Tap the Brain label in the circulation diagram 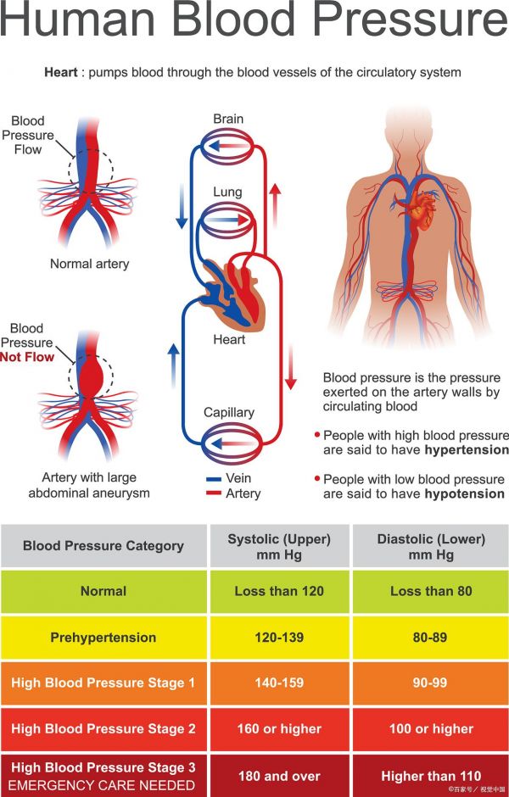(x=229, y=119)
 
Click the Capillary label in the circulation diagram (x=229, y=413)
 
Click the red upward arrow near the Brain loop (x=275, y=202)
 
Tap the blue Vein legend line (x=213, y=479)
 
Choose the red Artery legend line (x=213, y=493)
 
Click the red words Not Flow (x=27, y=357)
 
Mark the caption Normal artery (x=90, y=264)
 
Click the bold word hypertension (x=467, y=449)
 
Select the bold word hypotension (x=465, y=493)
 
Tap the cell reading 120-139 (x=279, y=637)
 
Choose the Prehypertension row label (x=103, y=637)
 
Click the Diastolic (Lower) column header (x=431, y=547)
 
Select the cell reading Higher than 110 (x=431, y=775)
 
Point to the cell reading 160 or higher (x=279, y=728)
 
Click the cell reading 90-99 (x=431, y=683)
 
